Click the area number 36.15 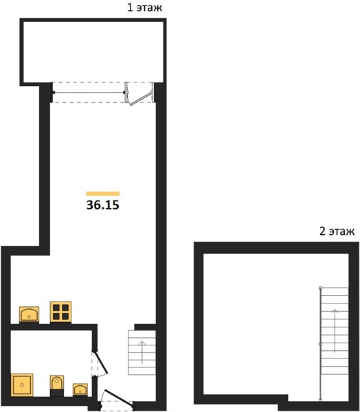(x=103, y=205)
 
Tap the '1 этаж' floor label (x=145, y=8)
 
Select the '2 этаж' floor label (x=337, y=231)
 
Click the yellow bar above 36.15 (x=103, y=194)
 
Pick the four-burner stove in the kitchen (x=60, y=312)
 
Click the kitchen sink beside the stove (x=29, y=314)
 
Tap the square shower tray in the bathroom (x=22, y=385)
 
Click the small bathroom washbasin (x=80, y=389)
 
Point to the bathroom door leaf (x=101, y=363)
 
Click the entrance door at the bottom (x=118, y=397)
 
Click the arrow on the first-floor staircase (x=142, y=352)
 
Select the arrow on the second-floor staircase (x=335, y=331)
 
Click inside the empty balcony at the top (x=93, y=52)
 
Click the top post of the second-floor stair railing (x=320, y=288)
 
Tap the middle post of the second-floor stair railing (x=320, y=344)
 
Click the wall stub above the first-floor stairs (x=145, y=327)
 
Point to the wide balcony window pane (x=89, y=93)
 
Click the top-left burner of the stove (x=56, y=308)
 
